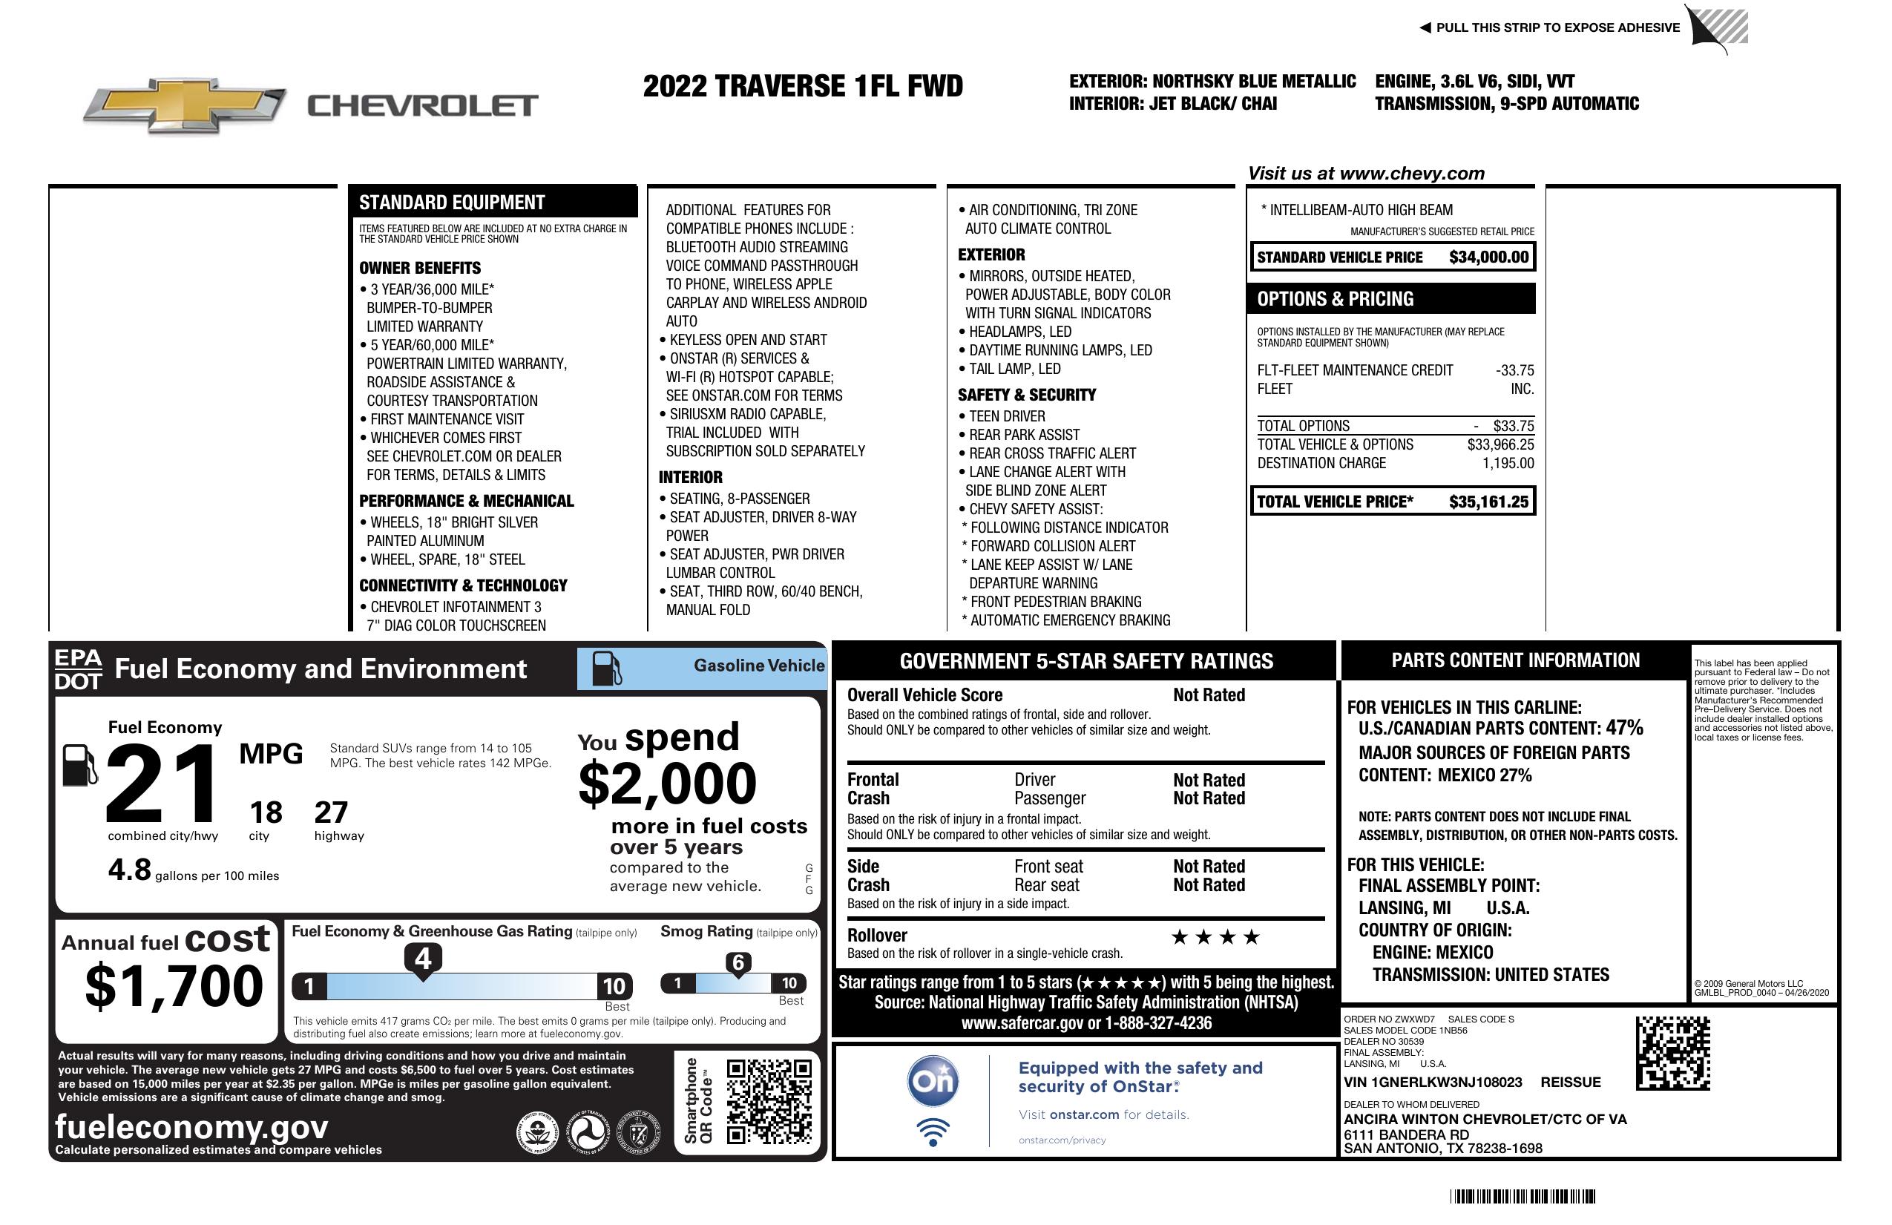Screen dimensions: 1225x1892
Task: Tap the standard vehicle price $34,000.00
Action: click(x=1488, y=257)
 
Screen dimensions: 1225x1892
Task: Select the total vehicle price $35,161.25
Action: click(x=1488, y=502)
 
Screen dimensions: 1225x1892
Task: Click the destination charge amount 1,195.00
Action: click(x=1507, y=464)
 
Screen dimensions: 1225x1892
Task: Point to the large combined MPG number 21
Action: click(x=162, y=784)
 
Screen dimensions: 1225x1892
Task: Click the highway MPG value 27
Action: click(x=331, y=812)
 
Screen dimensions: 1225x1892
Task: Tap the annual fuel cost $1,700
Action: click(x=174, y=986)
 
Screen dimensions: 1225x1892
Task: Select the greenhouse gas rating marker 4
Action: click(x=423, y=959)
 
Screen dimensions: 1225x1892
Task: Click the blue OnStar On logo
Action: click(x=933, y=1081)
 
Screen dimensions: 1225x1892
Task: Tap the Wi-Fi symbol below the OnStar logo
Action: click(x=933, y=1132)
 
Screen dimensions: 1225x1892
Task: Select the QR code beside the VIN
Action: click(x=1672, y=1054)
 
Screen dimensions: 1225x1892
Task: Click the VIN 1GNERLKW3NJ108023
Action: click(x=1433, y=1083)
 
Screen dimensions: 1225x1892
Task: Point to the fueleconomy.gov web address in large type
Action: click(x=191, y=1127)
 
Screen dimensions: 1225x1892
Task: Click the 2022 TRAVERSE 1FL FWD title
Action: click(x=802, y=86)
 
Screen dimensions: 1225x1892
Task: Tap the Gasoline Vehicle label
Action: click(x=758, y=666)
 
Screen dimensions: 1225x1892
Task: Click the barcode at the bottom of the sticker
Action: click(x=1522, y=1196)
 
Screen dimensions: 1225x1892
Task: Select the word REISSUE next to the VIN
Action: click(x=1571, y=1083)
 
